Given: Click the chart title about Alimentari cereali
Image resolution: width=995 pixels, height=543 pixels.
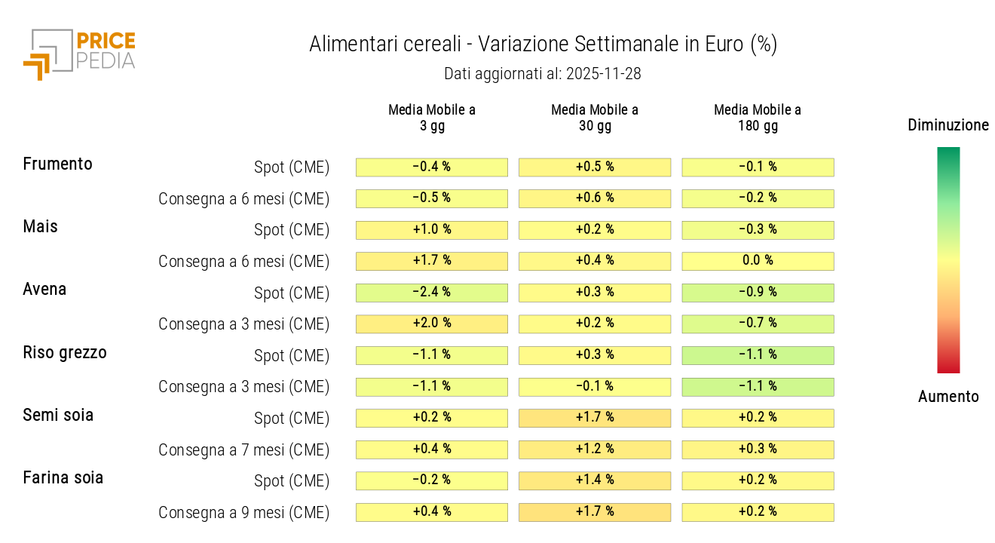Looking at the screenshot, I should pos(543,44).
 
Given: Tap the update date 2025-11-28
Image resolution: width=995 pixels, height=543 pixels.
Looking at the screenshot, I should pos(543,74).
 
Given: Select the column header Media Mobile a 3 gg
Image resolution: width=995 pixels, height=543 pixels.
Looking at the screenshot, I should pos(432,118).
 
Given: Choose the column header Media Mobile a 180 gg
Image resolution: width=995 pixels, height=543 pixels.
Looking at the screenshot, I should pos(758,118).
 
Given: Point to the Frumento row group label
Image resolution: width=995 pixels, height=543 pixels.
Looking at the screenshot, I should pos(58,164).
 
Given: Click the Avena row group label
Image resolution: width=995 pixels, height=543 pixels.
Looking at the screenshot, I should pos(44,289).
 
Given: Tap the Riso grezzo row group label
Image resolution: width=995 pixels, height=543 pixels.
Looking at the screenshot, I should pos(65,352).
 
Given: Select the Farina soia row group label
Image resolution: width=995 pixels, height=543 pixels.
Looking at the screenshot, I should pos(63,477).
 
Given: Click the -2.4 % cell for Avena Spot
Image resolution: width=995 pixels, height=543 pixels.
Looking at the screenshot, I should pos(432,292).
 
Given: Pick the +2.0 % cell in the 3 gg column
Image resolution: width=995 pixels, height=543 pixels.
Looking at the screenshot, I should pos(432,324).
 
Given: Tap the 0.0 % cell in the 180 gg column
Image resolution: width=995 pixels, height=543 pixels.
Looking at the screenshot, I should pos(758,261).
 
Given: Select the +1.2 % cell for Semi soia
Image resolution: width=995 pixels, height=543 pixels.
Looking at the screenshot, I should pos(595,449).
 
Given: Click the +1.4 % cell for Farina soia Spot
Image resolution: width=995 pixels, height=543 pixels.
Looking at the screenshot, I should pos(595,480).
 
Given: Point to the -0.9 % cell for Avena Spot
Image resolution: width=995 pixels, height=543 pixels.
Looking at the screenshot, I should pos(758,292).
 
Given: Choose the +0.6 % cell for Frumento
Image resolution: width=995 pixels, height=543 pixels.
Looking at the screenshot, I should pos(595,198).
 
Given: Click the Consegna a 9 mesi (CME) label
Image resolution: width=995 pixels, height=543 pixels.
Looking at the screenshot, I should pos(243,513).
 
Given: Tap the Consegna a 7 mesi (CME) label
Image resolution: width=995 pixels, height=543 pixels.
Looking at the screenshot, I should pos(243,450).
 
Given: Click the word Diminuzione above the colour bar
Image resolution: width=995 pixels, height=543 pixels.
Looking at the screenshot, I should pos(948,125).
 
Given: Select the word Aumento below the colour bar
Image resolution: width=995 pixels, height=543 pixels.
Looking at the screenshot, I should pos(948,397).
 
